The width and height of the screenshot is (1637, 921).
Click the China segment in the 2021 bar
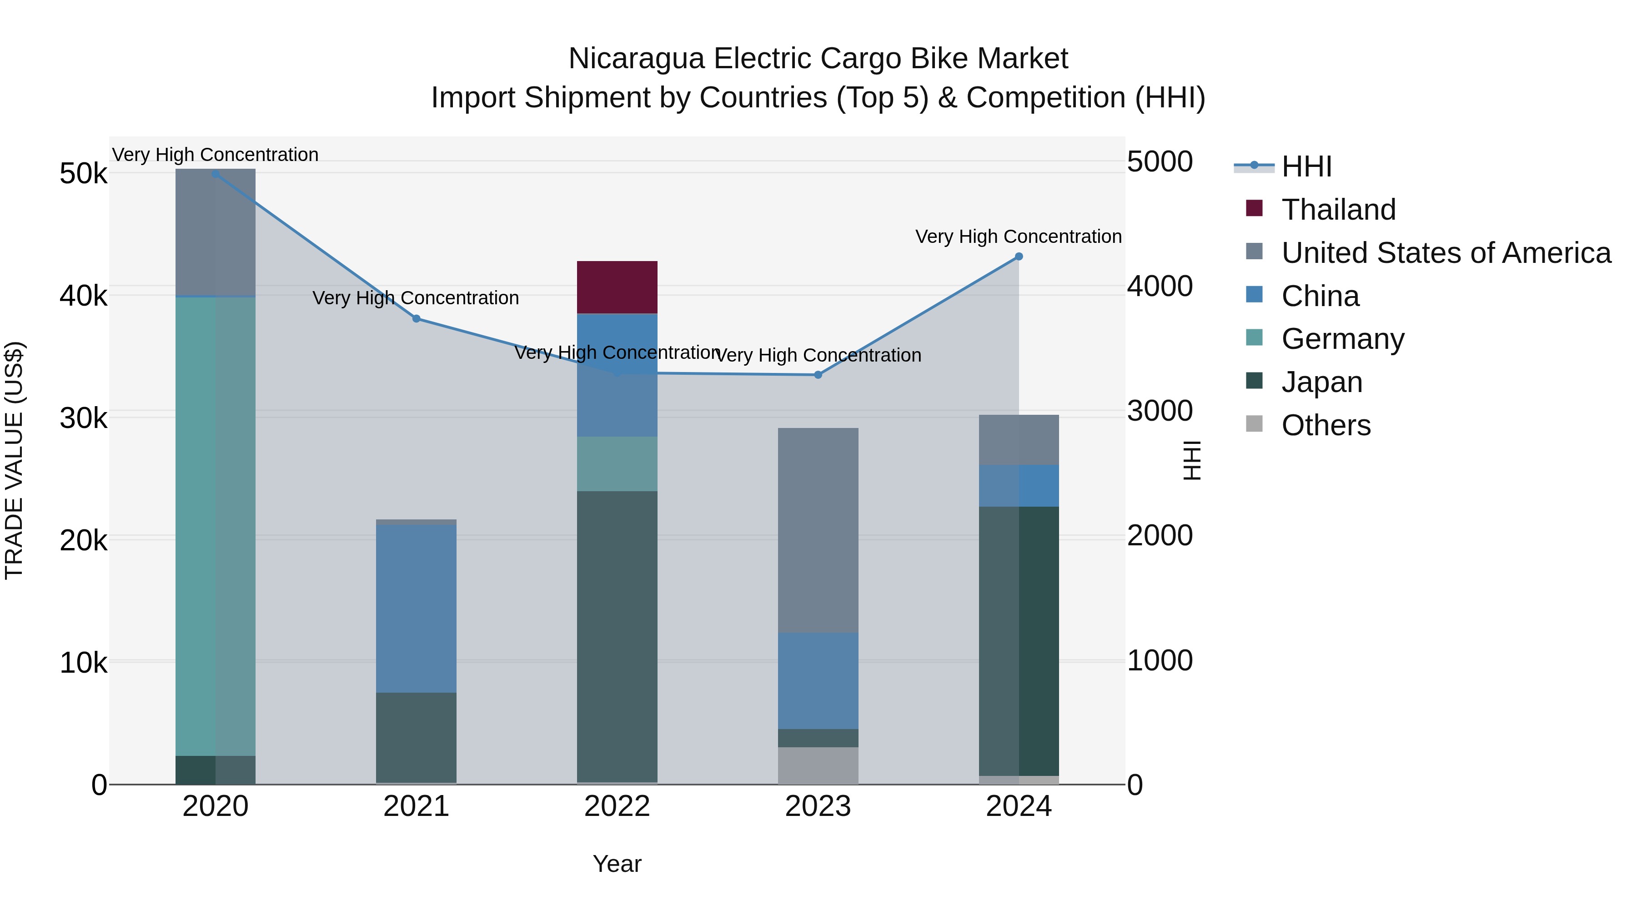point(416,608)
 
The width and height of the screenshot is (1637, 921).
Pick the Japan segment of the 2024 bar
point(1018,641)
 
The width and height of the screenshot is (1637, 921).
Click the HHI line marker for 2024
point(1018,256)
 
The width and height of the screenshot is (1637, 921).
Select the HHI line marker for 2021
point(416,318)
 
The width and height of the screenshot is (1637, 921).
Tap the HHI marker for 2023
point(818,375)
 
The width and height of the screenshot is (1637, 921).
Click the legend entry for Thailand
point(1338,210)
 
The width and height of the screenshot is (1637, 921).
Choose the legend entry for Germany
point(1342,339)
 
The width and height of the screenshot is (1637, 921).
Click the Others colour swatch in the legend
point(1254,424)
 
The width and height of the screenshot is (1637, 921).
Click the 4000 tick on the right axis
point(1160,286)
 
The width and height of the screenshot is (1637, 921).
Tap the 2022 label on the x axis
point(617,806)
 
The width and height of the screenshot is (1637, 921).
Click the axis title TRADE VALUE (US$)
point(14,460)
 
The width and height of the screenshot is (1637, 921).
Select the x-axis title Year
point(617,864)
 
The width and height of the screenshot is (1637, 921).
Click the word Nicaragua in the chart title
point(636,59)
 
